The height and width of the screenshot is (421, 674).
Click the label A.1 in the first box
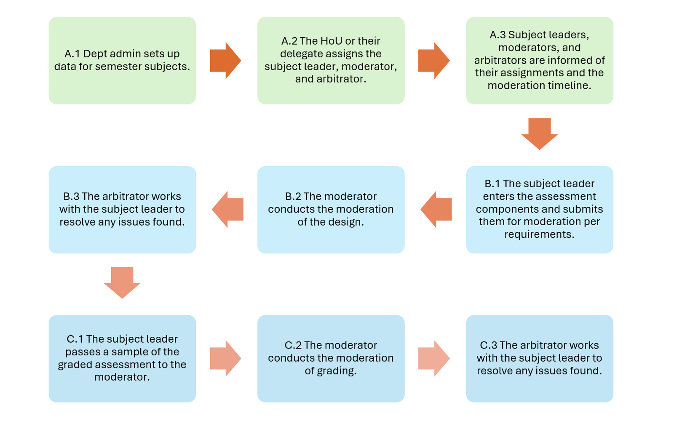pyautogui.click(x=72, y=54)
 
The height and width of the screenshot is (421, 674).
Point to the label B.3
pyautogui.click(x=71, y=197)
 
